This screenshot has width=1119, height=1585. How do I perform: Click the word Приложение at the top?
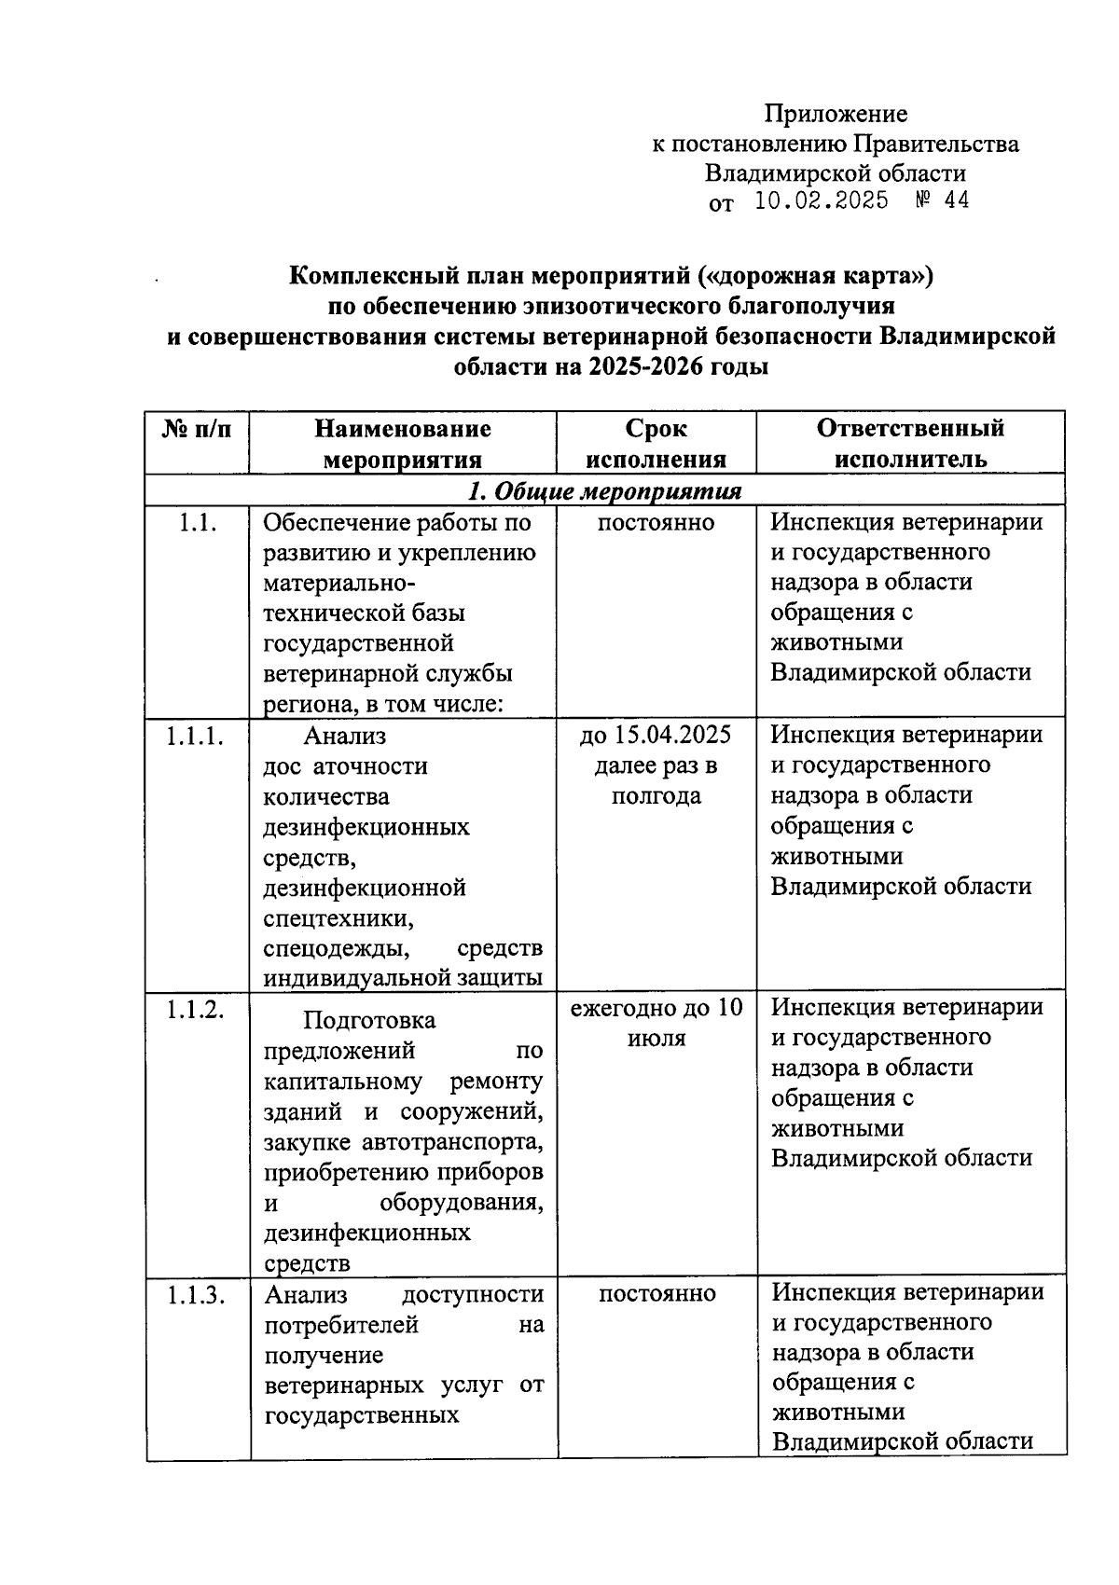[836, 114]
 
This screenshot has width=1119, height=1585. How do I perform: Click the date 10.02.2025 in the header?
[821, 200]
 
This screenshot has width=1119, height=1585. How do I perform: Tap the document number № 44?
[942, 200]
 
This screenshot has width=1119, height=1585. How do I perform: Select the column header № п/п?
[197, 429]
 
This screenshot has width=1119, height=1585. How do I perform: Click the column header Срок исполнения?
[656, 443]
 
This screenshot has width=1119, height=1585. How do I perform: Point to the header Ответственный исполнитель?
[910, 443]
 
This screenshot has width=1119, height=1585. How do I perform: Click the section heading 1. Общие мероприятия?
[605, 491]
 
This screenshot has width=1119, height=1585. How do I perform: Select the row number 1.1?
[198, 523]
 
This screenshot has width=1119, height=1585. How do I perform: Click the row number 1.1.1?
[196, 737]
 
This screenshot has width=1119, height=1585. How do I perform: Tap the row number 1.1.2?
[196, 1009]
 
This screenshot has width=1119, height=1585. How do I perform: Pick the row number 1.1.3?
[196, 1295]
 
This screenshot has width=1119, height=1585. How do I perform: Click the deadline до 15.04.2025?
[656, 736]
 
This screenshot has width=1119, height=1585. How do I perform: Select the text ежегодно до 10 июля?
[656, 1023]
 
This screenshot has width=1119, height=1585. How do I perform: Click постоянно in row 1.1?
[656, 523]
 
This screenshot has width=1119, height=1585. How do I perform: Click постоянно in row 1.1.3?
[657, 1294]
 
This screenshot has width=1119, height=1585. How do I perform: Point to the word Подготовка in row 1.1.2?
[369, 1021]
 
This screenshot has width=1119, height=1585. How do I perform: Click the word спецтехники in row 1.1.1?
[338, 918]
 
